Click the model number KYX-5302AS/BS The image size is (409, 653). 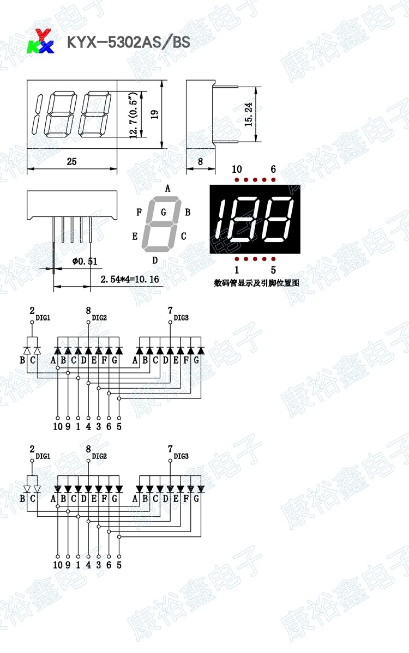coord(128,42)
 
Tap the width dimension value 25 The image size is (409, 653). coord(71,162)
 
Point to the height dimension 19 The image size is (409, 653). coord(154,114)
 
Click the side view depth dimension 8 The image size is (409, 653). coord(200,162)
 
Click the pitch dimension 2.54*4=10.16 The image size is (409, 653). coord(129,279)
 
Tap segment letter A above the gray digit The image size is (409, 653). coord(168,188)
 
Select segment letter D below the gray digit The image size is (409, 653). coord(155,260)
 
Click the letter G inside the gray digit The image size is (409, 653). coord(164,211)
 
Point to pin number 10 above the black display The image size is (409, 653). coord(237,169)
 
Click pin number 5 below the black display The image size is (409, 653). coord(273,269)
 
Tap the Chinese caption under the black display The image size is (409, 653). coord(257,283)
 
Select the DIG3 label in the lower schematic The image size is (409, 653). coord(181,456)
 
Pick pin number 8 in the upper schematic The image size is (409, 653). coord(88,311)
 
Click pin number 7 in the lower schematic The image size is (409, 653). coord(170,449)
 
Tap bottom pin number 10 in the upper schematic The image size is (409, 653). coord(58,427)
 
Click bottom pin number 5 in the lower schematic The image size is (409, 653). coord(119,565)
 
